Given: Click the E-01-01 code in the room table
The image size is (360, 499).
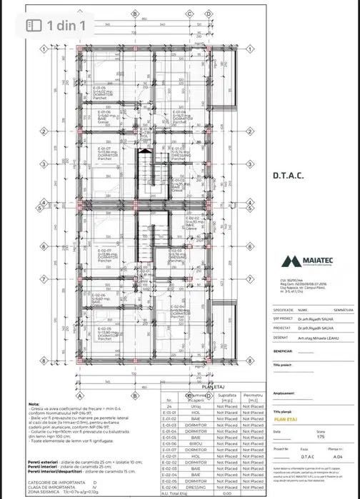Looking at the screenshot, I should tap(169, 413).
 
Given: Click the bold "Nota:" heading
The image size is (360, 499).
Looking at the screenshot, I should tap(34, 403).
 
